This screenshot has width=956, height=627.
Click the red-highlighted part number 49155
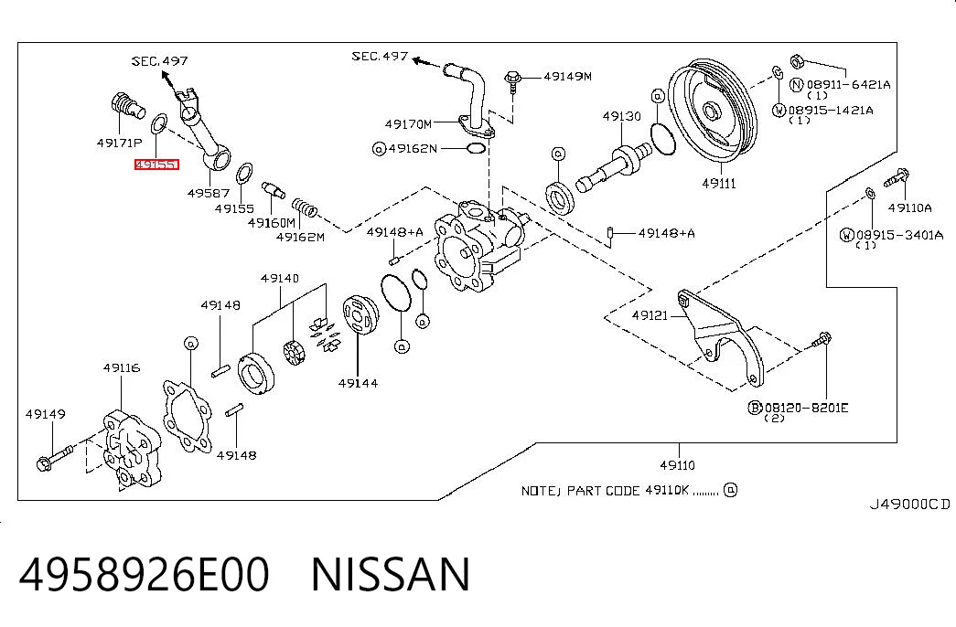pos(156,165)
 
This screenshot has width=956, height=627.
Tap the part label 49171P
pos(120,143)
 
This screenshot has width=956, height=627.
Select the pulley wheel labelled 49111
pos(712,112)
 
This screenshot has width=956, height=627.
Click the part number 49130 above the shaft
pos(621,116)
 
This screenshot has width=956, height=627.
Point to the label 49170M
pos(408,124)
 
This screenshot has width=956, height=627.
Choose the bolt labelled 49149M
pos(512,81)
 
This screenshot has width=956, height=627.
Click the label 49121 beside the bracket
pos(650,315)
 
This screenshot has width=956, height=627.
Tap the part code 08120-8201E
pos(806,408)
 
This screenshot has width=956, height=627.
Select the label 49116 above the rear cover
pos(122,367)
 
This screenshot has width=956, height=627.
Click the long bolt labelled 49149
pos(55,458)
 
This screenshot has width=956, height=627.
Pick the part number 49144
pos(358,383)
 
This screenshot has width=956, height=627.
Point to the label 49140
pos(280,279)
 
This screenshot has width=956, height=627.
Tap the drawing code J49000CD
pos(909,504)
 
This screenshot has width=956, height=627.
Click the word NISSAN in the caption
pos(391,574)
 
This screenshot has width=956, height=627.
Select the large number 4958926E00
pos(144,574)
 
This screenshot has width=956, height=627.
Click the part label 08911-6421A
pos(848,85)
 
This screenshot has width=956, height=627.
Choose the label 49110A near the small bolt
pos(909,207)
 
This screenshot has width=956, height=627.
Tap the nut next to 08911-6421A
pos(796,61)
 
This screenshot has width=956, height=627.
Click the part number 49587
pos(209,193)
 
